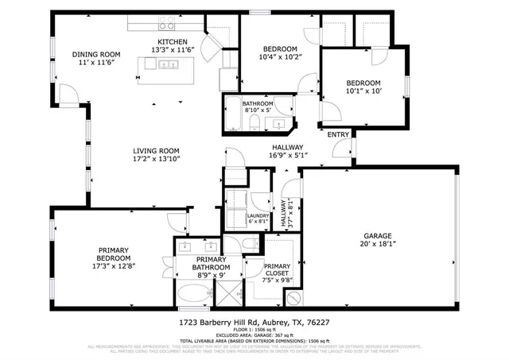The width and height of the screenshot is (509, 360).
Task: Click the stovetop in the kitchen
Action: click(168, 24)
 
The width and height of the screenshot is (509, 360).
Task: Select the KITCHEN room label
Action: click(173, 41)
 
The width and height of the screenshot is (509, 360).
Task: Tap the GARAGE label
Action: click(378, 236)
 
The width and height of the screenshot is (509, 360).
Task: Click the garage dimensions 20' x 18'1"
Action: click(378, 245)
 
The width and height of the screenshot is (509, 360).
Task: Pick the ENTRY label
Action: click(338, 135)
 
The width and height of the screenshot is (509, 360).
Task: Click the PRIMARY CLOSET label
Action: click(277, 272)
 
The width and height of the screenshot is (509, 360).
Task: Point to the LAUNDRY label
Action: click(258, 215)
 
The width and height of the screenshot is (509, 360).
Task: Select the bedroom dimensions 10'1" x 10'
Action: click(363, 91)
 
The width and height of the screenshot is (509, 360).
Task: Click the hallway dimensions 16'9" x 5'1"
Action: click(287, 156)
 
